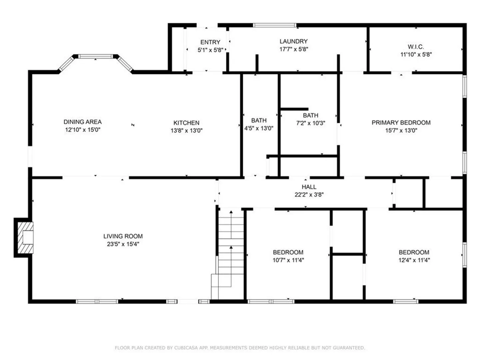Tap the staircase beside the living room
228,254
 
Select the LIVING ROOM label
123,236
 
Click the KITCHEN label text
186,123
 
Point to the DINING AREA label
83,122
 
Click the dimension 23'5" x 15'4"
123,244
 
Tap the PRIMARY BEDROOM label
401,123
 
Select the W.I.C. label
416,47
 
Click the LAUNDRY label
293,41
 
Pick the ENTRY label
210,42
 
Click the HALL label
309,187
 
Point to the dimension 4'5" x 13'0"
259,128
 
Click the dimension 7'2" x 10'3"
311,123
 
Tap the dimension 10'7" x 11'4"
288,260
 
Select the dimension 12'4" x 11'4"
414,260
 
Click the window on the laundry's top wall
275,25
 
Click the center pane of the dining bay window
95,57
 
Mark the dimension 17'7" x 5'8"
293,49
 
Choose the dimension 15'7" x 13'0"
401,130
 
